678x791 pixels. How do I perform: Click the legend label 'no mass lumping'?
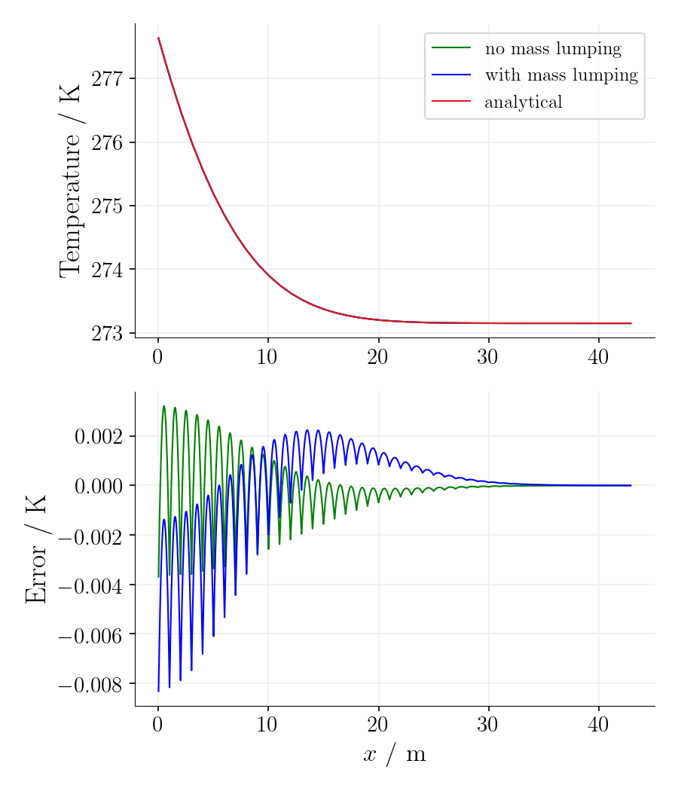tap(553, 50)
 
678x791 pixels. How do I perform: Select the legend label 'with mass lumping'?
tap(561, 75)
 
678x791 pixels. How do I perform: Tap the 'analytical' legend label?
tap(524, 102)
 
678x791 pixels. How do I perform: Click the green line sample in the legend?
tap(451, 48)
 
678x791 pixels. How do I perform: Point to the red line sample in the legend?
tap(451, 100)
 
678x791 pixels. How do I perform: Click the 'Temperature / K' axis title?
tap(71, 181)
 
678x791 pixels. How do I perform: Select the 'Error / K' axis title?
tap(36, 548)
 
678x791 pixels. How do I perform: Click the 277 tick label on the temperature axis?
tap(107, 78)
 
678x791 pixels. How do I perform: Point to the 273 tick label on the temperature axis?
tap(107, 333)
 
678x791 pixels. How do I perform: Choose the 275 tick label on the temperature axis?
tap(107, 206)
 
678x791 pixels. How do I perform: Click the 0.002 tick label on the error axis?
tap(98, 437)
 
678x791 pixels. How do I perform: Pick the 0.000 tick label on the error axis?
tap(98, 487)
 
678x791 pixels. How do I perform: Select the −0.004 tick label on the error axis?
tap(90, 585)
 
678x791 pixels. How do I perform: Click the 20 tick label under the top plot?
tap(377, 357)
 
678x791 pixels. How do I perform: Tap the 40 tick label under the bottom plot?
tap(598, 725)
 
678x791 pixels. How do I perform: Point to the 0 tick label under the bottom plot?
tap(157, 725)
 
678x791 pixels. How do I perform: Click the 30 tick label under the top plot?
tap(487, 357)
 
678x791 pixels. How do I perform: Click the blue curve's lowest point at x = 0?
tap(158, 691)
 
